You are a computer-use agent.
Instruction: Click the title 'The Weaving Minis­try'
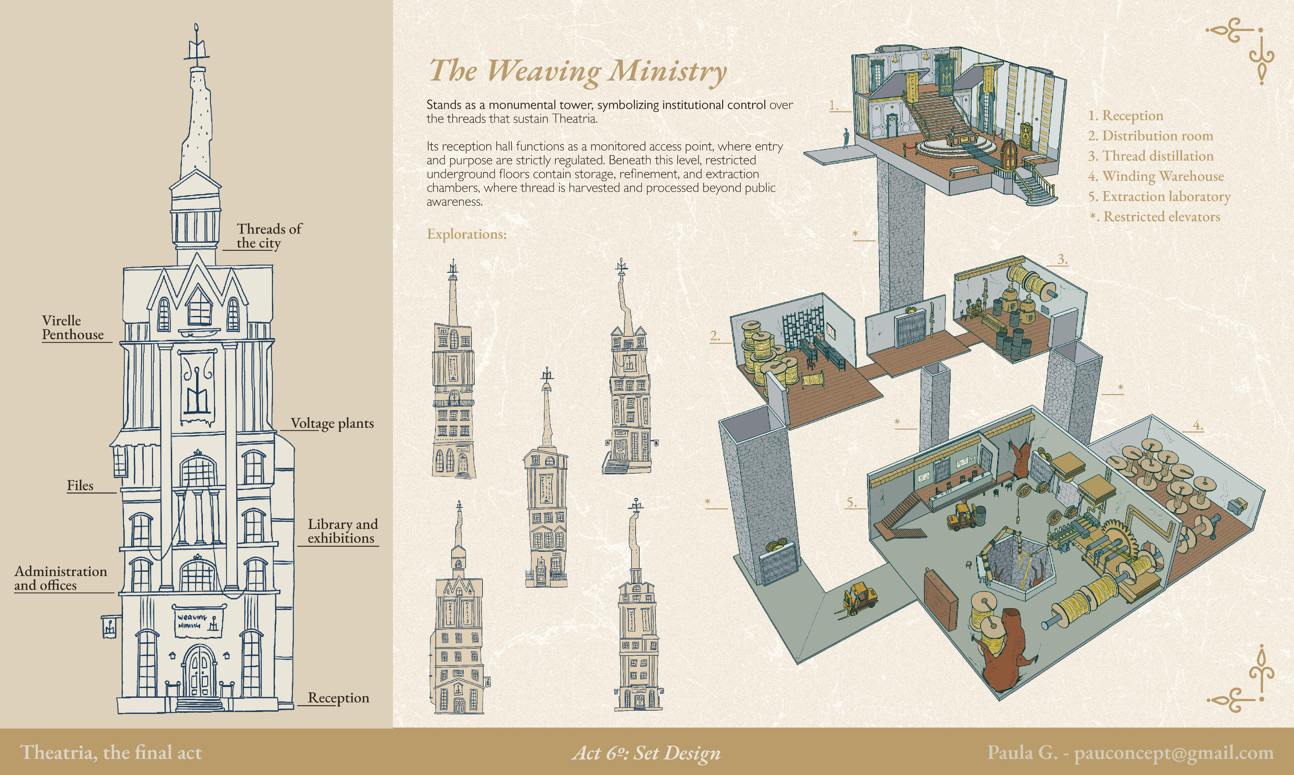pos(577,70)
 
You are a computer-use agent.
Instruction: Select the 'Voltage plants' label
pos(332,423)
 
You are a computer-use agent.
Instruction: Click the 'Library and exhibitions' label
pos(342,531)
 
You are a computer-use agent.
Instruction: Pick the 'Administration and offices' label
pos(60,578)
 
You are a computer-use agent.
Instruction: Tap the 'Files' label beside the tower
pos(80,486)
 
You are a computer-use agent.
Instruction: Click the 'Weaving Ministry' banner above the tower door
pos(198,622)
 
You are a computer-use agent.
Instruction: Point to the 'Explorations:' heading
pos(467,234)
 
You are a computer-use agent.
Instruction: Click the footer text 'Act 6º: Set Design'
pos(646,753)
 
